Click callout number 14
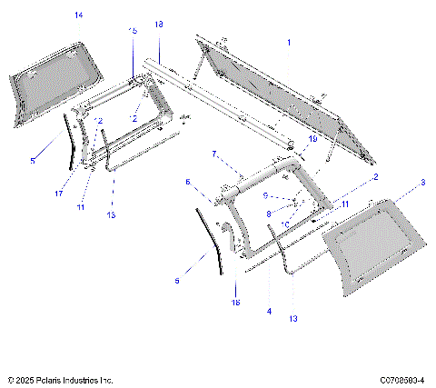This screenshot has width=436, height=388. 78,16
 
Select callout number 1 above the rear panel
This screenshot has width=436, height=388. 289,43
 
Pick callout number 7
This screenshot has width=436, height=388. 213,154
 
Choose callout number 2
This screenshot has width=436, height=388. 376,176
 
